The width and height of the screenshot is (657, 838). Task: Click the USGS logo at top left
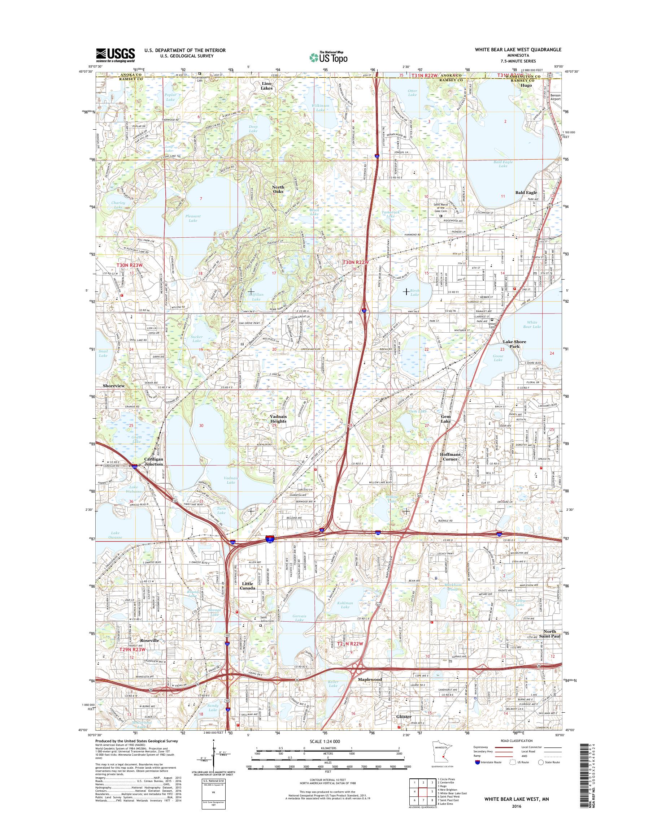pyautogui.click(x=116, y=55)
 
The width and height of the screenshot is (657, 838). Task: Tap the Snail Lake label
pyautogui.click(x=103, y=353)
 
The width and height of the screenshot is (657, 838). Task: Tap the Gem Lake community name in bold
pyautogui.click(x=446, y=419)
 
